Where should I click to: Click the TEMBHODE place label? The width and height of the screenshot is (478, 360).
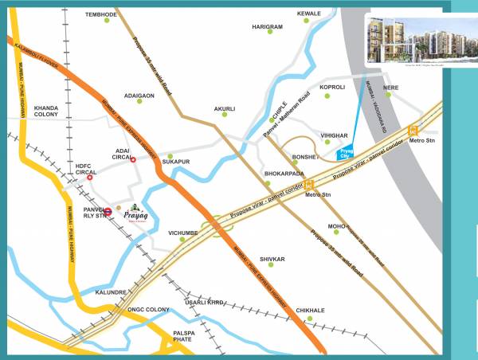[x=100, y=14]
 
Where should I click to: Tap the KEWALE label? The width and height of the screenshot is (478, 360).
[x=308, y=14]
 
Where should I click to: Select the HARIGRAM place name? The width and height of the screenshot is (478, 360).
[x=267, y=27]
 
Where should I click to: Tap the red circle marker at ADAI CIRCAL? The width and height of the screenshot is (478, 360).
[x=133, y=158]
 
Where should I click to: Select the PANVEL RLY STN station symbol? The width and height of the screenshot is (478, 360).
[x=108, y=212]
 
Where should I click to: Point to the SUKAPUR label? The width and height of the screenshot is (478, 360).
[x=176, y=161]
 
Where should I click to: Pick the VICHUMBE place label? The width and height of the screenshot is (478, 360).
[x=182, y=233]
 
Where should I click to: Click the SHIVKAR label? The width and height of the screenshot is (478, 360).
[x=272, y=260]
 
